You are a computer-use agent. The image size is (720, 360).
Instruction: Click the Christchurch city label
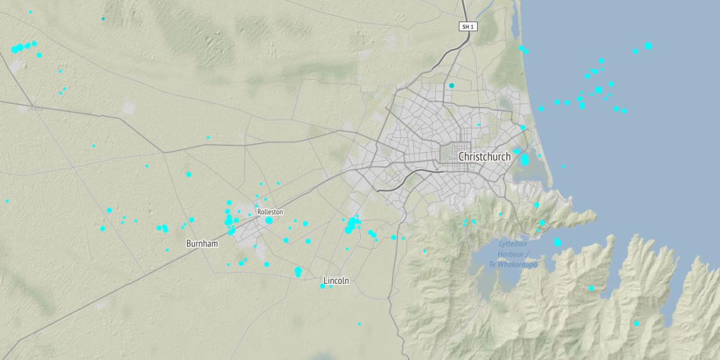click(x=484, y=157)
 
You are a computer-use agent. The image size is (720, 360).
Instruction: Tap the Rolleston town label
click(x=269, y=212)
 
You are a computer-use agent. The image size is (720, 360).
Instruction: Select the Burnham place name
click(x=202, y=244)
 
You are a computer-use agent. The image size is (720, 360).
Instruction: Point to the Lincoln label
click(x=336, y=281)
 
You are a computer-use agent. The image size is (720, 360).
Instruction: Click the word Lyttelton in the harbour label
click(x=513, y=244)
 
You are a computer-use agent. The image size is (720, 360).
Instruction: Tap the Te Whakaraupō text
click(x=512, y=265)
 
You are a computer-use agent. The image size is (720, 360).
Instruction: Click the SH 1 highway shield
click(x=467, y=26)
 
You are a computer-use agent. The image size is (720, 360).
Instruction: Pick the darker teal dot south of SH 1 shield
click(x=452, y=86)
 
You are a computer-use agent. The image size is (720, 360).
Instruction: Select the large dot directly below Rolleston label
click(x=269, y=220)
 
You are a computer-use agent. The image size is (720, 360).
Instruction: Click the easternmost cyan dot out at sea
click(x=648, y=46)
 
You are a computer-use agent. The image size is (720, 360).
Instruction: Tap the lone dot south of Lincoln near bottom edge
click(x=359, y=324)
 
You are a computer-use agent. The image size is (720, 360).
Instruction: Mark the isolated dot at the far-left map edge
click(x=7, y=201)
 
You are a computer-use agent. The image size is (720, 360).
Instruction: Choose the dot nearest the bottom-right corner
click(x=637, y=323)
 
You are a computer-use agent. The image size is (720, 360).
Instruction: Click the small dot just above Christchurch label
click(x=479, y=125)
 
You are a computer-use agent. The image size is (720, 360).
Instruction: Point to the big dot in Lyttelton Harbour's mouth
click(x=557, y=242)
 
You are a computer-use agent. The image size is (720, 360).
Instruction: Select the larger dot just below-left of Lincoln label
click(x=322, y=286)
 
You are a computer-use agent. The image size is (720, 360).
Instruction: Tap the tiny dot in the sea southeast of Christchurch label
click(x=563, y=166)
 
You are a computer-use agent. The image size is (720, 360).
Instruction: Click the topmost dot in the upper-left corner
click(x=30, y=12)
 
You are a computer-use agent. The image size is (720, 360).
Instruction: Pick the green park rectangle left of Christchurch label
click(x=448, y=153)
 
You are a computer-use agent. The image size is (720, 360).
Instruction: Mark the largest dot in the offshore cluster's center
click(x=598, y=90)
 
